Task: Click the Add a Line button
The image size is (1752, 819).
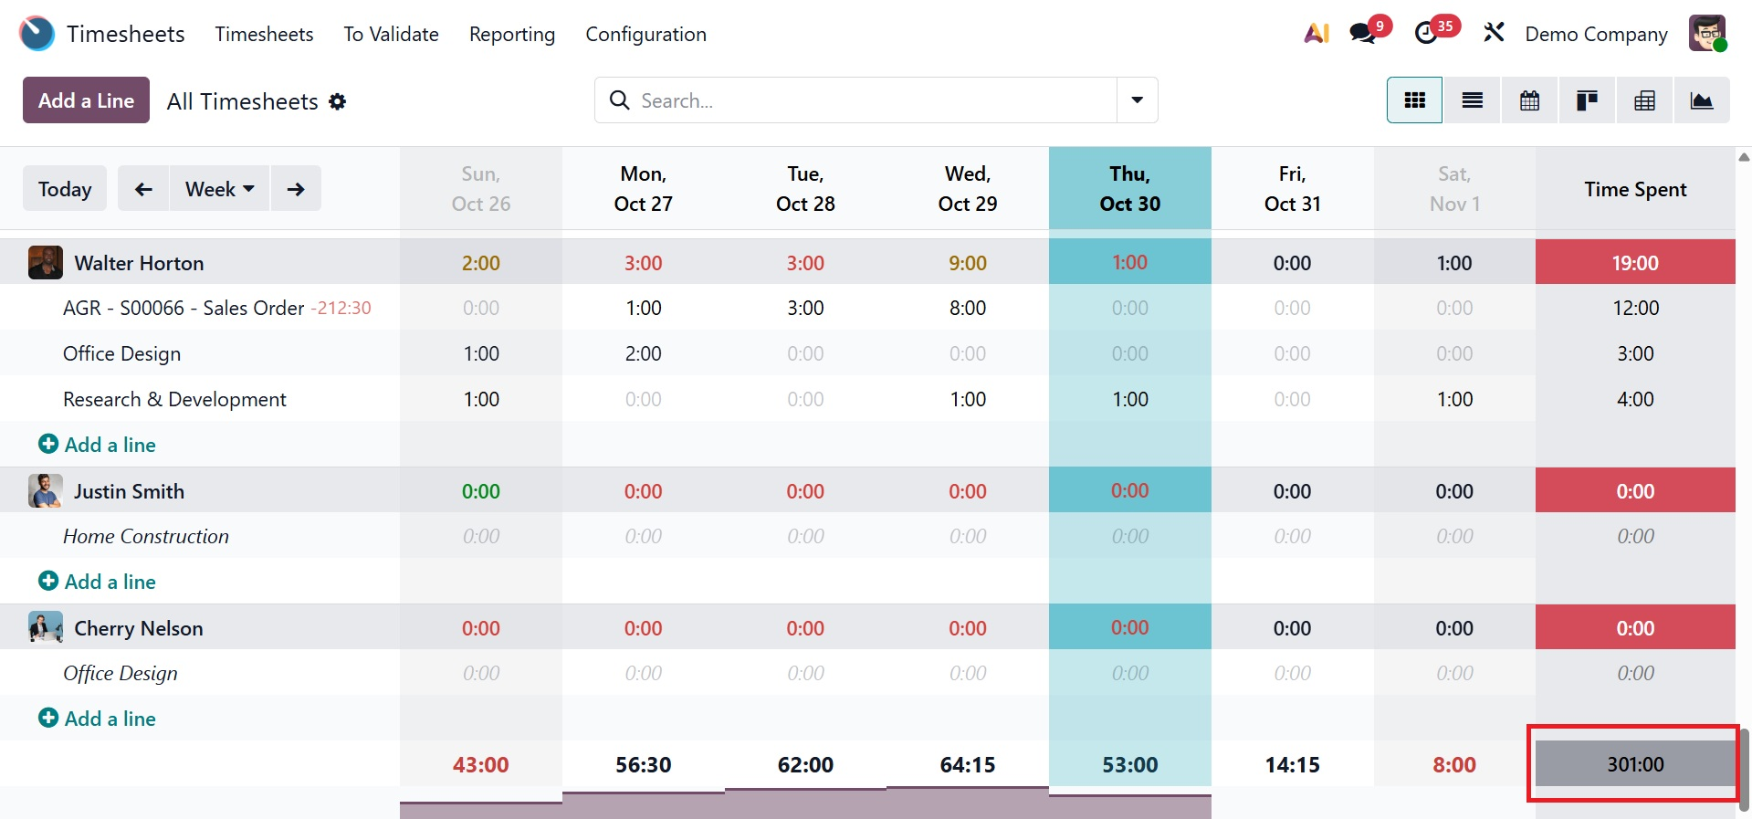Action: coord(86,100)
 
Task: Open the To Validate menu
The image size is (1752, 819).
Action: coord(391,34)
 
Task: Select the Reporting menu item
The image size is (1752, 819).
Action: coord(511,34)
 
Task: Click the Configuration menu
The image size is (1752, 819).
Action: coord(645,34)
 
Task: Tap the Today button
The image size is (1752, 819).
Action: coord(65,189)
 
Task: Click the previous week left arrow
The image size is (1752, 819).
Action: coord(143,189)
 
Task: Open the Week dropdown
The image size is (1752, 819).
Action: coord(219,189)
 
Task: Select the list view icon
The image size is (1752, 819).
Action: coord(1472,100)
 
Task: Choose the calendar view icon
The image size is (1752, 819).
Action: coord(1529,100)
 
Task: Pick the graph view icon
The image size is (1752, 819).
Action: coord(1701,100)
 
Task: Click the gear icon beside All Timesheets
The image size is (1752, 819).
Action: coord(338,101)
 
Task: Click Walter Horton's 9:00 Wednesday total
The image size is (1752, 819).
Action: coord(968,263)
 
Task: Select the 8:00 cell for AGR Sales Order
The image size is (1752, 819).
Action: coord(968,309)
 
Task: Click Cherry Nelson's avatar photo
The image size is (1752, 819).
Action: coord(46,628)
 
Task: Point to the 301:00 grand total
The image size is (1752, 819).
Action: coord(1635,764)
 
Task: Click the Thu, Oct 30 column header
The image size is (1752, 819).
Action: coord(1129,188)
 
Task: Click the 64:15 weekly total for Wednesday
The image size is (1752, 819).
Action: coord(968,764)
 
